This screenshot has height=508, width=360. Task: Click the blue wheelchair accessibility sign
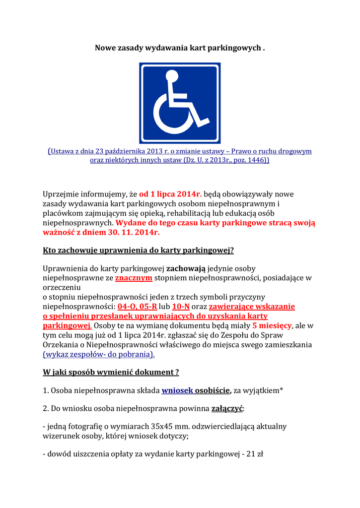point(179,103)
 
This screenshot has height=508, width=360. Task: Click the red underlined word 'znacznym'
point(134,278)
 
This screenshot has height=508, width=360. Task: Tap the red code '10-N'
point(181,306)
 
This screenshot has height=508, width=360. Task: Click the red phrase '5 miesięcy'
point(272,325)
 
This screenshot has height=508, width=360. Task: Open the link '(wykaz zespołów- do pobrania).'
point(99,354)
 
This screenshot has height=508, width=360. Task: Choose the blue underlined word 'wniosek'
point(177,390)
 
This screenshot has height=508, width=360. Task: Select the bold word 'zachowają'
point(186,268)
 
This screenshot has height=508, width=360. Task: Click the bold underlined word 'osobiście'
point(213,390)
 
